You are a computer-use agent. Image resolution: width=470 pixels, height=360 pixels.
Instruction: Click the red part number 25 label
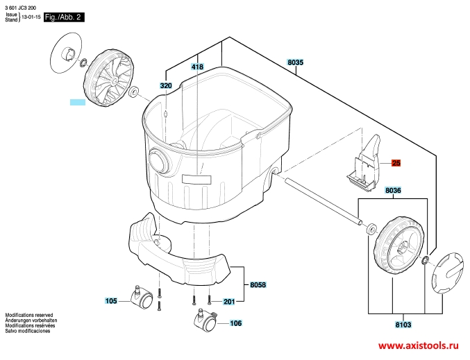click(396, 163)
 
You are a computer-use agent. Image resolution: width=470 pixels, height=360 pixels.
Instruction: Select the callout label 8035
click(295, 62)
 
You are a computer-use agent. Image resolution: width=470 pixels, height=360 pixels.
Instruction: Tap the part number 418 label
click(197, 67)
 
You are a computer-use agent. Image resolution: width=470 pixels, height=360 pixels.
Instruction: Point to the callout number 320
click(166, 85)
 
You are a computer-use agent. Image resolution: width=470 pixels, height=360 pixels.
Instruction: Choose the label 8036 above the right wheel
click(393, 190)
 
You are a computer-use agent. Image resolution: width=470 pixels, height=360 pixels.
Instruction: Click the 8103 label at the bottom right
click(403, 325)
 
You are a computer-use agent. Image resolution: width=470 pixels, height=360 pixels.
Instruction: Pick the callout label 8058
click(258, 284)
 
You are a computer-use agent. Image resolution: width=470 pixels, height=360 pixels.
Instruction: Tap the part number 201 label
click(229, 301)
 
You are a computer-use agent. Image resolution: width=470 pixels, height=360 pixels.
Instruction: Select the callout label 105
click(111, 301)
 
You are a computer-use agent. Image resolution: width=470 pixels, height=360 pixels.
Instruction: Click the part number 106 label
click(235, 323)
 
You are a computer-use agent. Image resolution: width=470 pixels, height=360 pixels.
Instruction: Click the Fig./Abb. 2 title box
click(64, 17)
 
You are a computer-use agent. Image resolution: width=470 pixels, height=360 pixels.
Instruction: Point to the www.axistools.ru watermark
click(419, 346)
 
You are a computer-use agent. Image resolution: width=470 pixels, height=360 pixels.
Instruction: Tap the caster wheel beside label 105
click(142, 298)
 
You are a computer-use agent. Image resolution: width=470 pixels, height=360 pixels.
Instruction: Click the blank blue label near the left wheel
click(78, 102)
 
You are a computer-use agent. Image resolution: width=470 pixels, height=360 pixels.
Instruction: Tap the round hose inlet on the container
click(160, 161)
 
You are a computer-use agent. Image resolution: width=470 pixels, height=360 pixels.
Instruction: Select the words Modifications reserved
click(29, 315)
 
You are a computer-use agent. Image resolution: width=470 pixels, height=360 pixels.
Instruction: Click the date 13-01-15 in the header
click(31, 17)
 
